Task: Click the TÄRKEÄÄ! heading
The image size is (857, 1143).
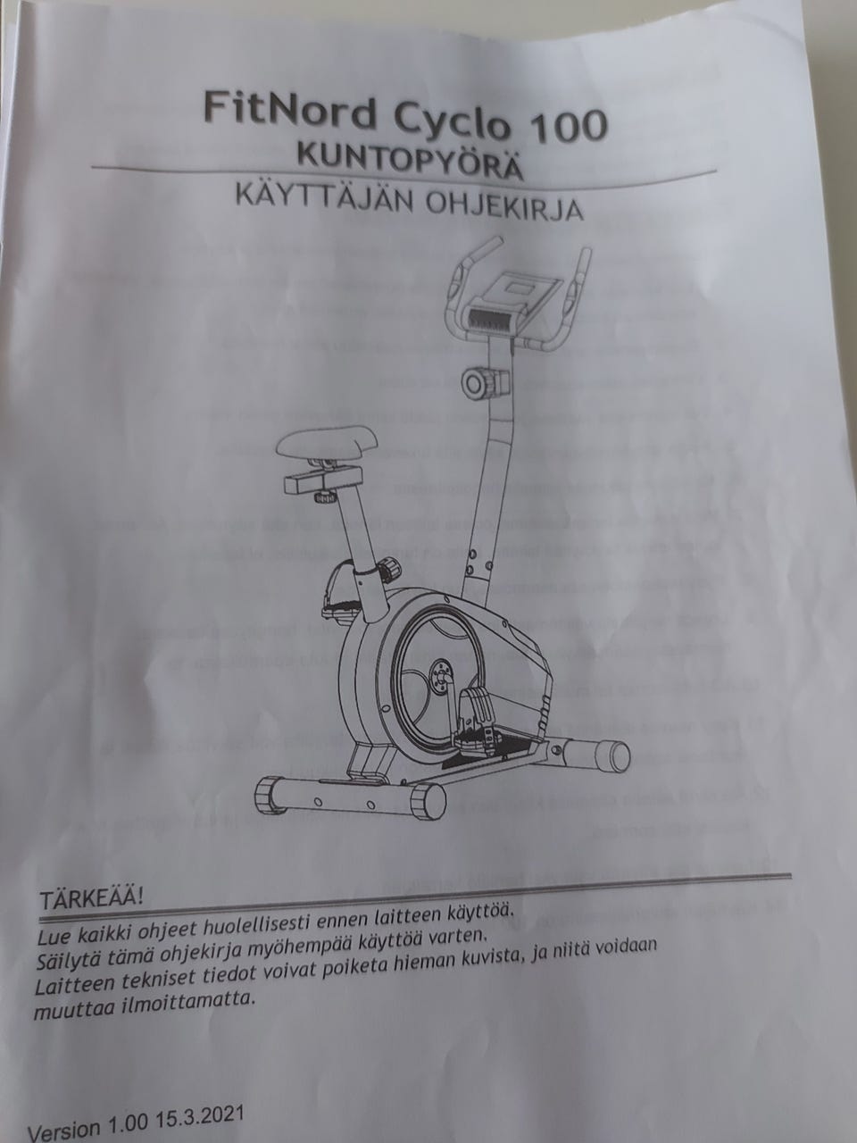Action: [87, 896]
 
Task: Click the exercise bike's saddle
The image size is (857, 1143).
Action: [322, 444]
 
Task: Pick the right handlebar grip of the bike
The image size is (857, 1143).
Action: [581, 268]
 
